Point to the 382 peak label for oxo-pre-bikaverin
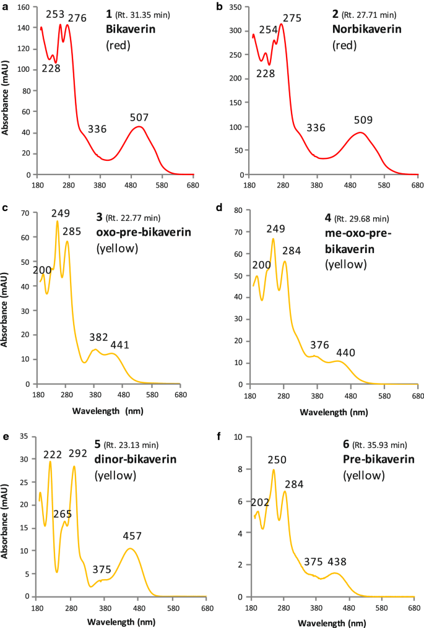pyautogui.click(x=96, y=337)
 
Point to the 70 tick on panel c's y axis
pyautogui.click(x=28, y=212)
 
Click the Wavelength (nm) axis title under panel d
pyautogui.click(x=335, y=411)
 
